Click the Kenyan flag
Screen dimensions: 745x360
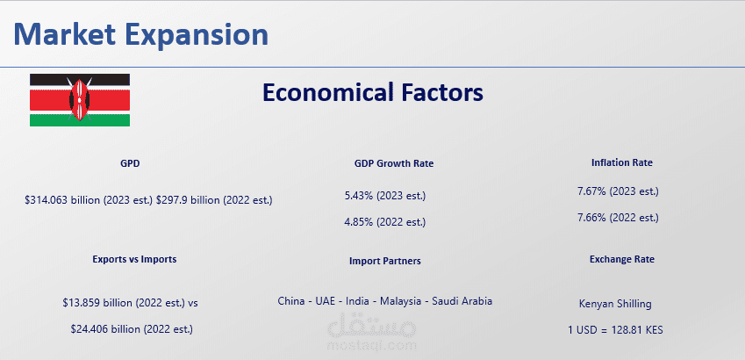coord(80,100)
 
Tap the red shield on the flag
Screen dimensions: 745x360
coord(80,100)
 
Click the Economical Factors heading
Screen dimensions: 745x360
coord(373,92)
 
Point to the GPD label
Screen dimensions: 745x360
coord(130,163)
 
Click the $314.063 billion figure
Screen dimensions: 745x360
coord(89,200)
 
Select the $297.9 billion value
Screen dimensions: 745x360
coord(214,200)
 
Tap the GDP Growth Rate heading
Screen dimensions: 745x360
coord(394,163)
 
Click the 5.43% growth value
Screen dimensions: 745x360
coord(385,196)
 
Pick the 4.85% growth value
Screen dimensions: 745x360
coord(385,222)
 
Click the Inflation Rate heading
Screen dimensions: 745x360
coord(622,162)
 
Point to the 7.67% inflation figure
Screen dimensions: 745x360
coord(618,191)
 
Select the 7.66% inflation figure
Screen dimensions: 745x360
coord(618,218)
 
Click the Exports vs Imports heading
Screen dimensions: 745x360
coord(134,259)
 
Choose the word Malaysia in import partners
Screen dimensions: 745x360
coord(400,301)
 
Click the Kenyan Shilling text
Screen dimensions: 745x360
coord(615,304)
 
